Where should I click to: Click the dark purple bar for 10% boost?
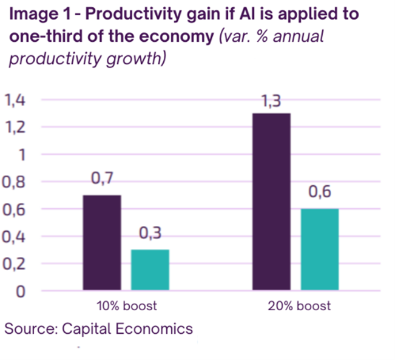tap(102, 242)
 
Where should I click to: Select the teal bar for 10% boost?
tap(150, 270)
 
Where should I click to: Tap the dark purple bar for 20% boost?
tap(272, 202)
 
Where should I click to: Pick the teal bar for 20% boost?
tap(320, 250)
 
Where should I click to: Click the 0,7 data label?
tap(102, 178)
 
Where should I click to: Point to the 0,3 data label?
tap(150, 233)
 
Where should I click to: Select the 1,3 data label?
tap(271, 101)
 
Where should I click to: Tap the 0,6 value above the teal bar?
tap(320, 192)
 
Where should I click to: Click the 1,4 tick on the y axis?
tap(15, 100)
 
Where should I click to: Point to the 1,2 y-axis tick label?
tap(15, 127)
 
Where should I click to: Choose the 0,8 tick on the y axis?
tap(13, 182)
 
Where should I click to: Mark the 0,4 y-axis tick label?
tap(13, 237)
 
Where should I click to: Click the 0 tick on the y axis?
tap(21, 291)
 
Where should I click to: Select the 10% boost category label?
tap(127, 306)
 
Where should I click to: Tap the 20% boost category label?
tap(299, 306)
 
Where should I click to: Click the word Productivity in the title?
tap(133, 15)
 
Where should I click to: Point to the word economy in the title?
tap(177, 37)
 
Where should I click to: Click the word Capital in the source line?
tap(87, 329)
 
